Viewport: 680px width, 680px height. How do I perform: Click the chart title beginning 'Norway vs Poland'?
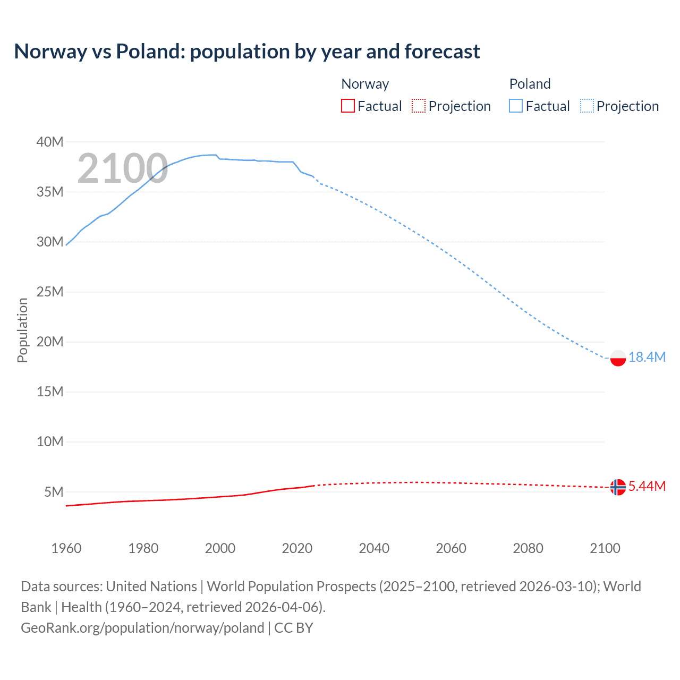[247, 52]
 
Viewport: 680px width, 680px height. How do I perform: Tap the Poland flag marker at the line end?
[618, 358]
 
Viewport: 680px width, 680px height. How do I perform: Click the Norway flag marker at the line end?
[617, 487]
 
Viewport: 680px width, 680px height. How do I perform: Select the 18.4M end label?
[647, 357]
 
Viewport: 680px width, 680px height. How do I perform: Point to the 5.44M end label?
[647, 486]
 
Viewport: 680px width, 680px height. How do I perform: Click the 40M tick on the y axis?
[50, 142]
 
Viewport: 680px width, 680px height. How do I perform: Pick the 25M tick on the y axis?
[50, 292]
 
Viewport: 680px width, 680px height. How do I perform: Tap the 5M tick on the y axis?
[54, 492]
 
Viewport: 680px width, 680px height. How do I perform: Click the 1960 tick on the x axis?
[66, 548]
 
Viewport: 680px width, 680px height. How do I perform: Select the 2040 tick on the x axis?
[374, 548]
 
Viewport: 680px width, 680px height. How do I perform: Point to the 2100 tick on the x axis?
[605, 548]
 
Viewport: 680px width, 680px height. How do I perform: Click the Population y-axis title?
[22, 330]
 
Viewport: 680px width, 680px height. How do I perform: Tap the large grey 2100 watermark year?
[123, 169]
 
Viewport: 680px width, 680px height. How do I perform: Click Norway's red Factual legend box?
[348, 106]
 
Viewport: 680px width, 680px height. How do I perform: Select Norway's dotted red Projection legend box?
[419, 106]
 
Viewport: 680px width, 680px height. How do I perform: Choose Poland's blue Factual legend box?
[516, 106]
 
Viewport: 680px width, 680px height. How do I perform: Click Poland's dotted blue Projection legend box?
[587, 106]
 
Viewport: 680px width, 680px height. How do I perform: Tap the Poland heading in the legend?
[530, 84]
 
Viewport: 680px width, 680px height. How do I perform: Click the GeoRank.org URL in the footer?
[142, 628]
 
